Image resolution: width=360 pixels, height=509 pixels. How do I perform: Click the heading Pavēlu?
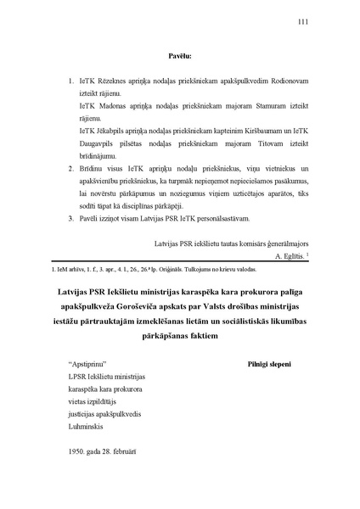[x=179, y=57]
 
